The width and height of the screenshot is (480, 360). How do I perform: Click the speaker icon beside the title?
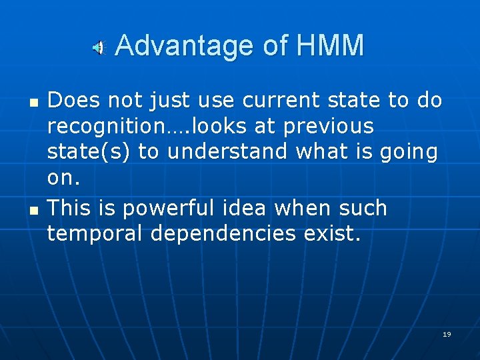tap(98, 47)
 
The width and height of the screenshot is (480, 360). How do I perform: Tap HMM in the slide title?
tap(331, 46)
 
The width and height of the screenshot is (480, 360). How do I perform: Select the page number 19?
tap(447, 334)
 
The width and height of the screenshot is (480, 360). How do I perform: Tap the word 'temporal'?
tap(95, 234)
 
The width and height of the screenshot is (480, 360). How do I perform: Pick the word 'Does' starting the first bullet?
tap(74, 101)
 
